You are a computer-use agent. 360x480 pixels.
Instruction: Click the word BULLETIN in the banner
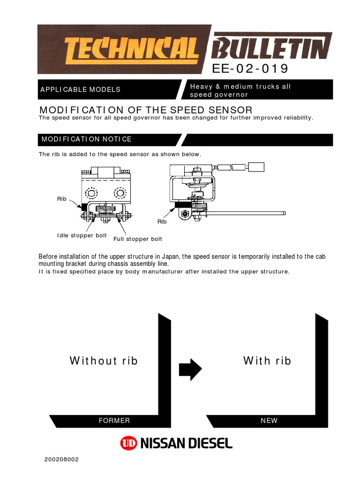(x=271, y=48)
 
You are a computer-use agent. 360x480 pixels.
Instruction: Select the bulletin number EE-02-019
(x=250, y=68)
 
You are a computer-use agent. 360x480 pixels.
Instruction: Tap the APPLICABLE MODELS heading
(x=80, y=90)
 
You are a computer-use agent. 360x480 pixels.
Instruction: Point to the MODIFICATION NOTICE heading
(x=86, y=139)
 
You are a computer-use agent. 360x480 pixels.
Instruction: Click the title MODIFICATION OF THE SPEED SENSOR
(x=146, y=110)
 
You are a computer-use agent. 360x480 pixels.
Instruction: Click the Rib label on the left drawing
(x=61, y=199)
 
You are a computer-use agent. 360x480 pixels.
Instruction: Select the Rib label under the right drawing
(x=162, y=221)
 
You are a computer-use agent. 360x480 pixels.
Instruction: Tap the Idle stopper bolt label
(x=82, y=235)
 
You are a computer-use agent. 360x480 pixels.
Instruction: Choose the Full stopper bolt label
(x=138, y=239)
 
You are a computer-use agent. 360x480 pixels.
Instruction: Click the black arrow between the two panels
(x=190, y=369)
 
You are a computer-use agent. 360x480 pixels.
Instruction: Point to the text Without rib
(x=104, y=360)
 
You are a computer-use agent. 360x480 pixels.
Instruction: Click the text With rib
(x=267, y=360)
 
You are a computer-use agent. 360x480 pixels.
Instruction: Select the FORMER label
(x=114, y=420)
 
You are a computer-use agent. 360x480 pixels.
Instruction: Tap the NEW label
(x=269, y=420)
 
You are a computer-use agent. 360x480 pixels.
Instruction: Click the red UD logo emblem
(x=128, y=443)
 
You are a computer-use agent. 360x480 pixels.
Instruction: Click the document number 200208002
(x=61, y=459)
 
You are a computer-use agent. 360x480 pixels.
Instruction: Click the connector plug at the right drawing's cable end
(x=256, y=167)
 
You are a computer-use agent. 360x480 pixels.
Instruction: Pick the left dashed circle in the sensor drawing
(x=91, y=193)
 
